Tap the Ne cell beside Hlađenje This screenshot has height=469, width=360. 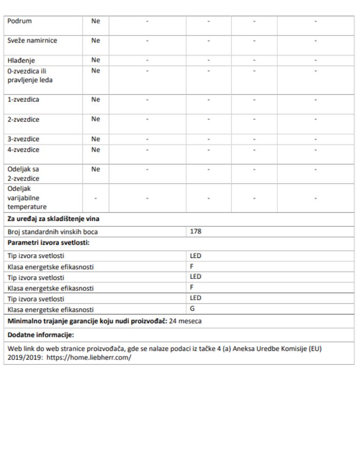(95, 60)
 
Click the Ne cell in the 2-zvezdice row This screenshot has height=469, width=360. (95, 119)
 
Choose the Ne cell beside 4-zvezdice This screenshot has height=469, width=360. (95, 150)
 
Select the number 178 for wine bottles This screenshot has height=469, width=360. (195, 231)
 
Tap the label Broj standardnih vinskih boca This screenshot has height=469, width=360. (53, 232)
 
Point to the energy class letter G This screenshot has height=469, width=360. (192, 309)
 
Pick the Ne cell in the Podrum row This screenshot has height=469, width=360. (95, 21)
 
